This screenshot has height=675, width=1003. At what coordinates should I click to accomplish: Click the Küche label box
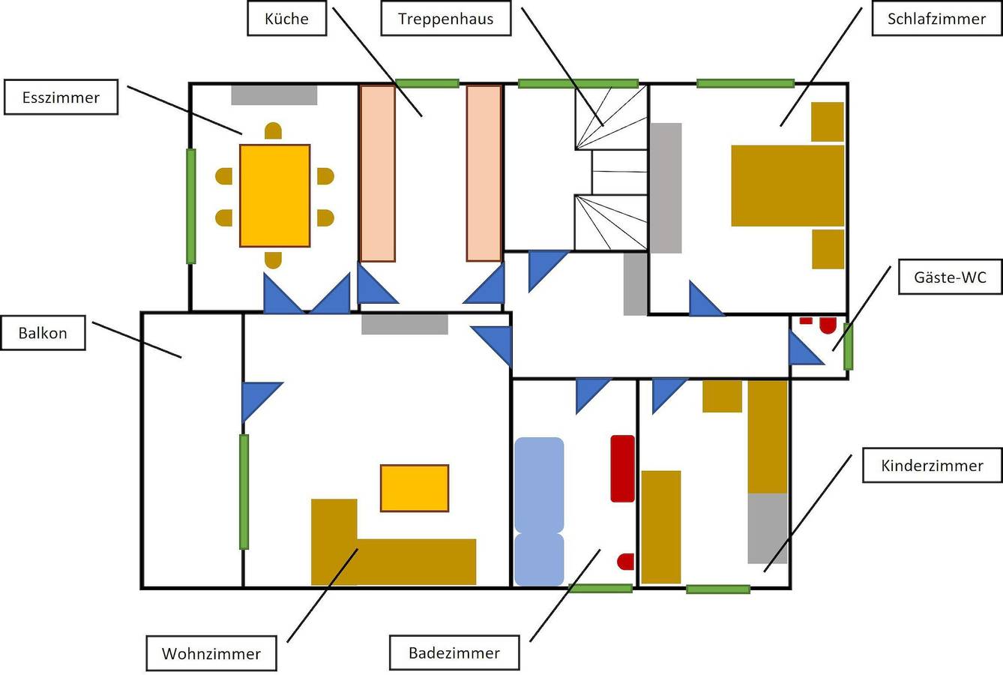[287, 19]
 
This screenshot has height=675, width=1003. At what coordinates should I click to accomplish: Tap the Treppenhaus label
[446, 19]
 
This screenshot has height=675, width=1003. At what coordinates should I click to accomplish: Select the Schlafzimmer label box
[936, 19]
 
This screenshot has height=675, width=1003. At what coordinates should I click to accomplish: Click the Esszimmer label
[61, 97]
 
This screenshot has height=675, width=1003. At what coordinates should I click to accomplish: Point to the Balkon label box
[43, 333]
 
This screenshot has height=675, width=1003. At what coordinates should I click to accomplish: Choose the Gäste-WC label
[950, 277]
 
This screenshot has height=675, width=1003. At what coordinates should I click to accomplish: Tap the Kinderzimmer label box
[932, 465]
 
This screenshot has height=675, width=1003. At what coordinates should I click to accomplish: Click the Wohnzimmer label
[211, 653]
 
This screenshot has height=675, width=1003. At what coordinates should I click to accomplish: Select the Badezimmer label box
[454, 652]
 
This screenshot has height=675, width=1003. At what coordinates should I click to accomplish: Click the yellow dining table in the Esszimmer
[274, 196]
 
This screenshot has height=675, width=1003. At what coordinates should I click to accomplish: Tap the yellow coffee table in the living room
[415, 488]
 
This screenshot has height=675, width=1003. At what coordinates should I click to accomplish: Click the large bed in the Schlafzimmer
[787, 185]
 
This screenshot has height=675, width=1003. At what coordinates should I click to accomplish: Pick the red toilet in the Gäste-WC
[828, 325]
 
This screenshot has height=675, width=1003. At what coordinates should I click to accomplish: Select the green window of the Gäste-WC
[848, 346]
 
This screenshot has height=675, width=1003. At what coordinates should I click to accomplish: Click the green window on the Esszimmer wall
[191, 205]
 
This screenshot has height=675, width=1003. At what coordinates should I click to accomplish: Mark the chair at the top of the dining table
[274, 132]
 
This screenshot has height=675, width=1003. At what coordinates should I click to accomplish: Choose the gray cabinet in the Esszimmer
[274, 95]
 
